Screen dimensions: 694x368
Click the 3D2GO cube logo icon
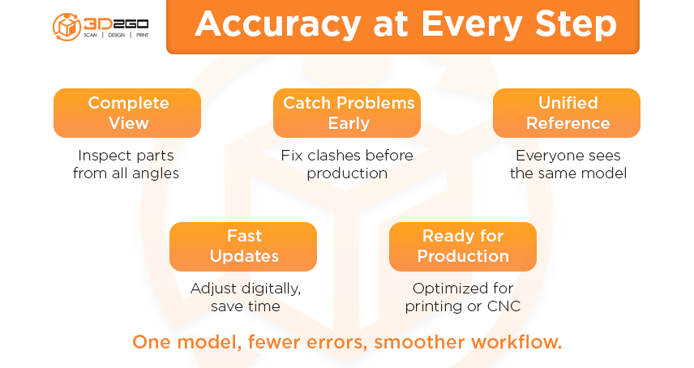coord(66,27)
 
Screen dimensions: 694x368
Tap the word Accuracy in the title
coord(278,25)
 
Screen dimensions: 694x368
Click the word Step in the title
coord(576,25)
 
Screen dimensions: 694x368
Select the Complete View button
coord(127,113)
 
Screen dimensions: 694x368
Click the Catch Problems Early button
coord(347,113)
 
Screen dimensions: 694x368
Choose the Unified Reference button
coord(567,113)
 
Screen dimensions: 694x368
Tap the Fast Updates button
coord(243,246)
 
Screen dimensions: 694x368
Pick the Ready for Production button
coord(463,246)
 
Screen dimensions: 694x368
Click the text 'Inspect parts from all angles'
coord(126,164)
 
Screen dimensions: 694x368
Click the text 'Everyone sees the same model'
coord(568,164)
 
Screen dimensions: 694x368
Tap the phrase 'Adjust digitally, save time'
coord(246,297)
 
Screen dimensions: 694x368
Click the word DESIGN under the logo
coord(117,35)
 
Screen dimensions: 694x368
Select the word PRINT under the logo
coord(143,35)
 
